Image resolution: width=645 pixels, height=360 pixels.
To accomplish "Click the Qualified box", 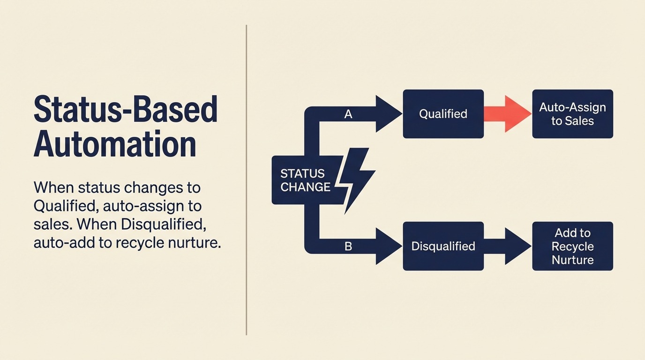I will click(443, 114).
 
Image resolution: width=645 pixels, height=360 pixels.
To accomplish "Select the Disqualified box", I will click(443, 246).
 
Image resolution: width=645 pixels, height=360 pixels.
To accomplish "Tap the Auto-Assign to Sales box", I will click(572, 114).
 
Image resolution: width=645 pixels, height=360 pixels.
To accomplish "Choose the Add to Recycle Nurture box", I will click(572, 246).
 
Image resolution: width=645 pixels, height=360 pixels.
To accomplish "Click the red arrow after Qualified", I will click(506, 114).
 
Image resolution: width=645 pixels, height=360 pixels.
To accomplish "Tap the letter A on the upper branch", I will click(348, 114).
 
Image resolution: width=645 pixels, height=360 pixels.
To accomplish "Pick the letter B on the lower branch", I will click(348, 246).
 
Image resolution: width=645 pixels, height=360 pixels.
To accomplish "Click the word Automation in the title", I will click(115, 144).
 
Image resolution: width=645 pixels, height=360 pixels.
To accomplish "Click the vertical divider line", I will click(247, 180).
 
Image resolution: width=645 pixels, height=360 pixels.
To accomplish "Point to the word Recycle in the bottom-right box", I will click(572, 247).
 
